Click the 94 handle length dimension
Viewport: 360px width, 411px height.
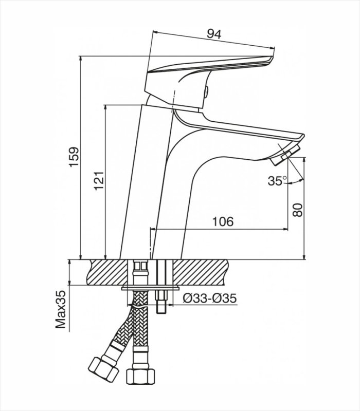[x=213, y=34]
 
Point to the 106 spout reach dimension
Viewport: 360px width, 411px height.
[x=223, y=221]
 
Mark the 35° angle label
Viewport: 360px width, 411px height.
[x=277, y=181]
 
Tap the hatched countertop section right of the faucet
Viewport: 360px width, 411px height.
[x=206, y=271]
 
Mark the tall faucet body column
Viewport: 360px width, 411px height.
[x=149, y=180]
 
